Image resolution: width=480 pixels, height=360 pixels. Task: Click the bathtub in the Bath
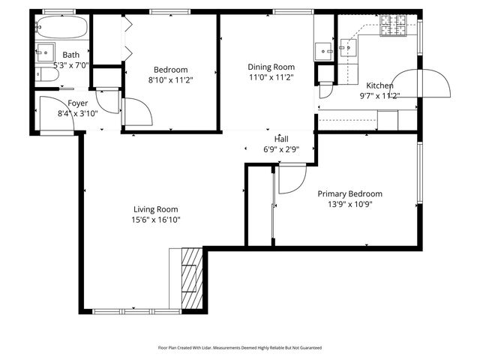(x=62, y=29)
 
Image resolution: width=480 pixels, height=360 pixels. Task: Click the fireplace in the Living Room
(x=192, y=278)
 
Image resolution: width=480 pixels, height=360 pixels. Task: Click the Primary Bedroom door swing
(x=292, y=179)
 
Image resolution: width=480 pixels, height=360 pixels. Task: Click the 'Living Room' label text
(x=155, y=209)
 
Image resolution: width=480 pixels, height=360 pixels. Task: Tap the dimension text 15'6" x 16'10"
(x=155, y=220)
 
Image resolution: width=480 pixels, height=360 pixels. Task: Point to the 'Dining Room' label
(x=271, y=66)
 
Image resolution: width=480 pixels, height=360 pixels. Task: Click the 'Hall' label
(x=281, y=139)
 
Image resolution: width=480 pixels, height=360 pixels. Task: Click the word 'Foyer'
(x=78, y=103)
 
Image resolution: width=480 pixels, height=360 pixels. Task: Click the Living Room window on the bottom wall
(x=136, y=310)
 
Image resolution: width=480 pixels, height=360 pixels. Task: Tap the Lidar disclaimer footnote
(x=240, y=348)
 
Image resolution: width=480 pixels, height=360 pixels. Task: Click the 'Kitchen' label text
(x=379, y=85)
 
